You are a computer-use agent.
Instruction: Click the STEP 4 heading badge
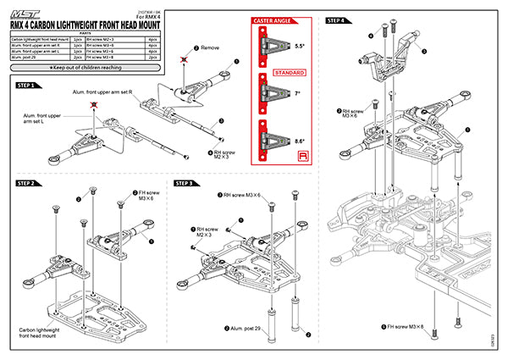tap(335, 20)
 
